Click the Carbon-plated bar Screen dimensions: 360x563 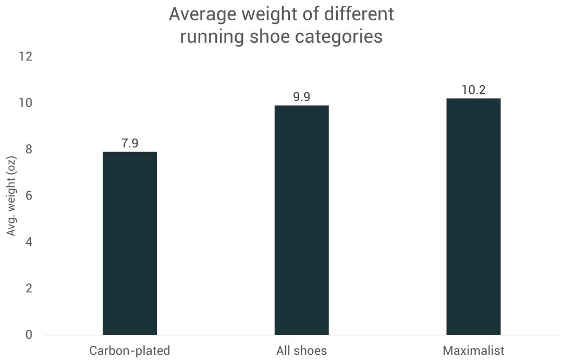coord(129,243)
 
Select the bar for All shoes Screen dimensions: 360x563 coord(301,220)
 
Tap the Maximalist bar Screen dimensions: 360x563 coord(473,216)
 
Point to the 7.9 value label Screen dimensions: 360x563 coord(130,143)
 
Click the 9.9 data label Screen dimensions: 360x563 coord(301,97)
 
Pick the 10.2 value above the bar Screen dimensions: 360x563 coord(473,90)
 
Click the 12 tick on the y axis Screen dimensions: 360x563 coord(25,56)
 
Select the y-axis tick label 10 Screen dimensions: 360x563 coord(25,103)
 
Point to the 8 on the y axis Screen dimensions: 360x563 coord(28,149)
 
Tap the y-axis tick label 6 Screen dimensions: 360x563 coord(28,195)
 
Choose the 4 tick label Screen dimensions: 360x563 coord(28,242)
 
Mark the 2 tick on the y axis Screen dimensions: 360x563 coord(28,288)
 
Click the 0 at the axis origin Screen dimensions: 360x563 coord(28,334)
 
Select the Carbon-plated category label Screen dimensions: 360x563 coord(129,350)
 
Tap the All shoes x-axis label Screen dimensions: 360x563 coord(301,350)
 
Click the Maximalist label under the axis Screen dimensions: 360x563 coord(473,350)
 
